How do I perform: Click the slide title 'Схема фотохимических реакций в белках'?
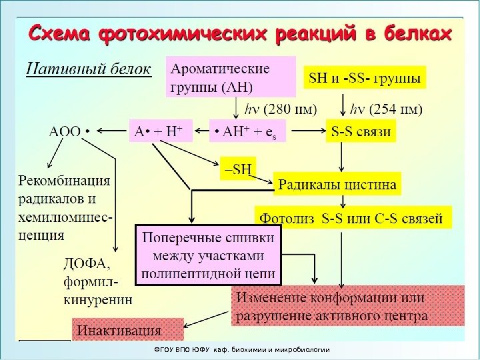[x=239, y=33]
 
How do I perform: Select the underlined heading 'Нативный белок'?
[x=88, y=69]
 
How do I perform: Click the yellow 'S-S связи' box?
[x=361, y=131]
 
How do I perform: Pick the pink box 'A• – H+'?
[x=159, y=131]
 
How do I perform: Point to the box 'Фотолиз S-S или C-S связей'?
[x=352, y=217]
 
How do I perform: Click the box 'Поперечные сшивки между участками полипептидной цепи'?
[x=209, y=255]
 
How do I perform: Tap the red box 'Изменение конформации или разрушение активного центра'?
[x=347, y=306]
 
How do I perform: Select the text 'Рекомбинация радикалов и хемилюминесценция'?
[x=65, y=207]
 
